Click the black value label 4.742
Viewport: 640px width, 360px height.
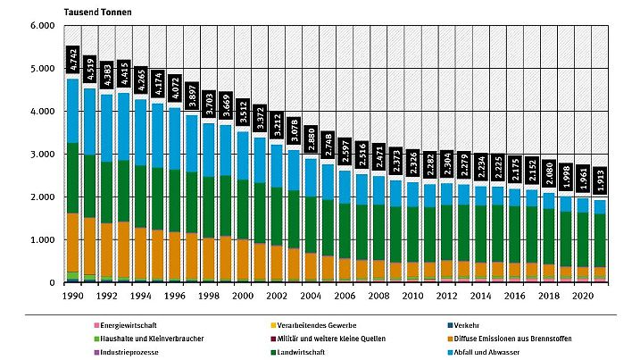click(73, 59)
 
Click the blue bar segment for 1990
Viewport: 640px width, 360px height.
click(73, 111)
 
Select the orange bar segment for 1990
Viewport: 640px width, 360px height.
click(73, 242)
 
